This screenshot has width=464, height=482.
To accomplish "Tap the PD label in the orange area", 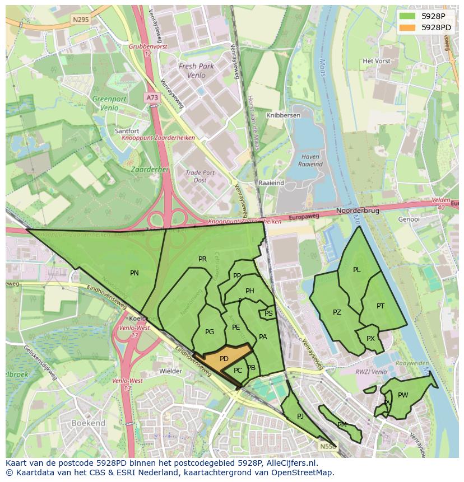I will tap(224, 358).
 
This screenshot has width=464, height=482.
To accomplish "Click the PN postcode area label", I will tap(134, 273).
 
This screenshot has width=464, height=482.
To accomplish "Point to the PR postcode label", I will tap(202, 259).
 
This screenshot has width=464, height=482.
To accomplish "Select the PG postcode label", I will tap(210, 332).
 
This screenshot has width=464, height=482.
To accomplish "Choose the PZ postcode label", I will tap(337, 312).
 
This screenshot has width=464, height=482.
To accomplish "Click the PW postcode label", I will tap(403, 395).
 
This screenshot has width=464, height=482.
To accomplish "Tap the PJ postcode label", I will tap(300, 416).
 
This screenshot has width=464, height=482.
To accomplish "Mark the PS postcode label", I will tap(268, 313).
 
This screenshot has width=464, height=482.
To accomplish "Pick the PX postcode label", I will tap(370, 339).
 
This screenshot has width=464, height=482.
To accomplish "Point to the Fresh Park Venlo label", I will tap(196, 70).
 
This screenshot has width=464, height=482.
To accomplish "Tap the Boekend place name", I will tap(88, 424).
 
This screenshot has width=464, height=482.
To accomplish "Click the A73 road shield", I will tap(152, 97).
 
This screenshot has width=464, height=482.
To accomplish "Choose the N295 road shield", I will tap(80, 19).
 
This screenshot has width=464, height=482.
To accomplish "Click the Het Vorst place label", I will tap(376, 60).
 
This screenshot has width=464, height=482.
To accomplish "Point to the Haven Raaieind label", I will tap(310, 161).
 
